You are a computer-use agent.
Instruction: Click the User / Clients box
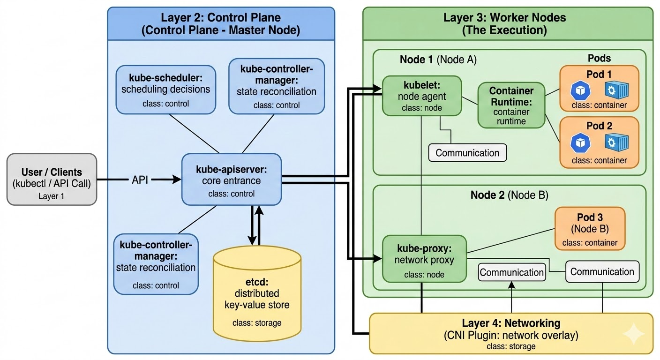(52, 179)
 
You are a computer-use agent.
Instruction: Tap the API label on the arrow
(140, 179)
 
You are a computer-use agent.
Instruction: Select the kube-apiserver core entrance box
(232, 179)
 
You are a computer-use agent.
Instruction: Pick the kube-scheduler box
(165, 90)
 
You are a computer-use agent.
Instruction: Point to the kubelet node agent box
(422, 96)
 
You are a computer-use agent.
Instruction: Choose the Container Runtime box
(511, 105)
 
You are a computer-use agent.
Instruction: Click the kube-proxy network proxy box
(424, 259)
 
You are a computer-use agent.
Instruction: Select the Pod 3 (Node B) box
(590, 229)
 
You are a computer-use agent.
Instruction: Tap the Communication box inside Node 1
(467, 153)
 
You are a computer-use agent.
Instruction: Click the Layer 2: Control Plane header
(221, 24)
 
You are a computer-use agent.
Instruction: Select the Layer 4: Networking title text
(511, 323)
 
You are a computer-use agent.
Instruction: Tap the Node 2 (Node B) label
(509, 195)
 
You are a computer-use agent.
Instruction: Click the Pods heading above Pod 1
(599, 58)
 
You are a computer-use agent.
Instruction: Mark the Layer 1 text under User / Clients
(52, 196)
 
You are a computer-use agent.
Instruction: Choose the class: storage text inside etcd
(257, 322)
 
